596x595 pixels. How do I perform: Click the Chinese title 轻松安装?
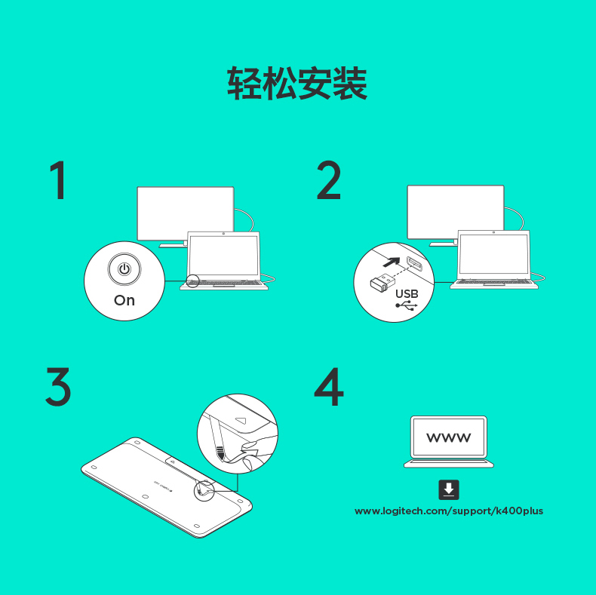pos(297,83)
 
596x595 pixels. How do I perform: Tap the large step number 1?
pos(59,179)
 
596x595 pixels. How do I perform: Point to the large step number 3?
pos(58,386)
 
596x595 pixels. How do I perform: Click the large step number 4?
pos(329,386)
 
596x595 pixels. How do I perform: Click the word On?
pos(124,300)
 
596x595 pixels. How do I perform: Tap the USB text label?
pos(407,293)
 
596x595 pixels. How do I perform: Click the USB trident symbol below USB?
pos(407,305)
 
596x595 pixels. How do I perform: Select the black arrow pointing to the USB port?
pos(392,262)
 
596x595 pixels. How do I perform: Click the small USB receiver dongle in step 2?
pos(382,281)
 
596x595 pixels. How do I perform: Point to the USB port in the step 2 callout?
pos(414,264)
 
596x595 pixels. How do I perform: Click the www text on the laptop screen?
pos(449,437)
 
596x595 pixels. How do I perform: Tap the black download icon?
pos(449,489)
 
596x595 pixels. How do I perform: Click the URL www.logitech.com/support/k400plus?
pos(449,511)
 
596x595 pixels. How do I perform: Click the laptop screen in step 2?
pos(493,254)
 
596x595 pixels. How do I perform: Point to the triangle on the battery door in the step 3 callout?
pos(241,420)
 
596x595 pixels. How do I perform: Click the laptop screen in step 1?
pos(223,255)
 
